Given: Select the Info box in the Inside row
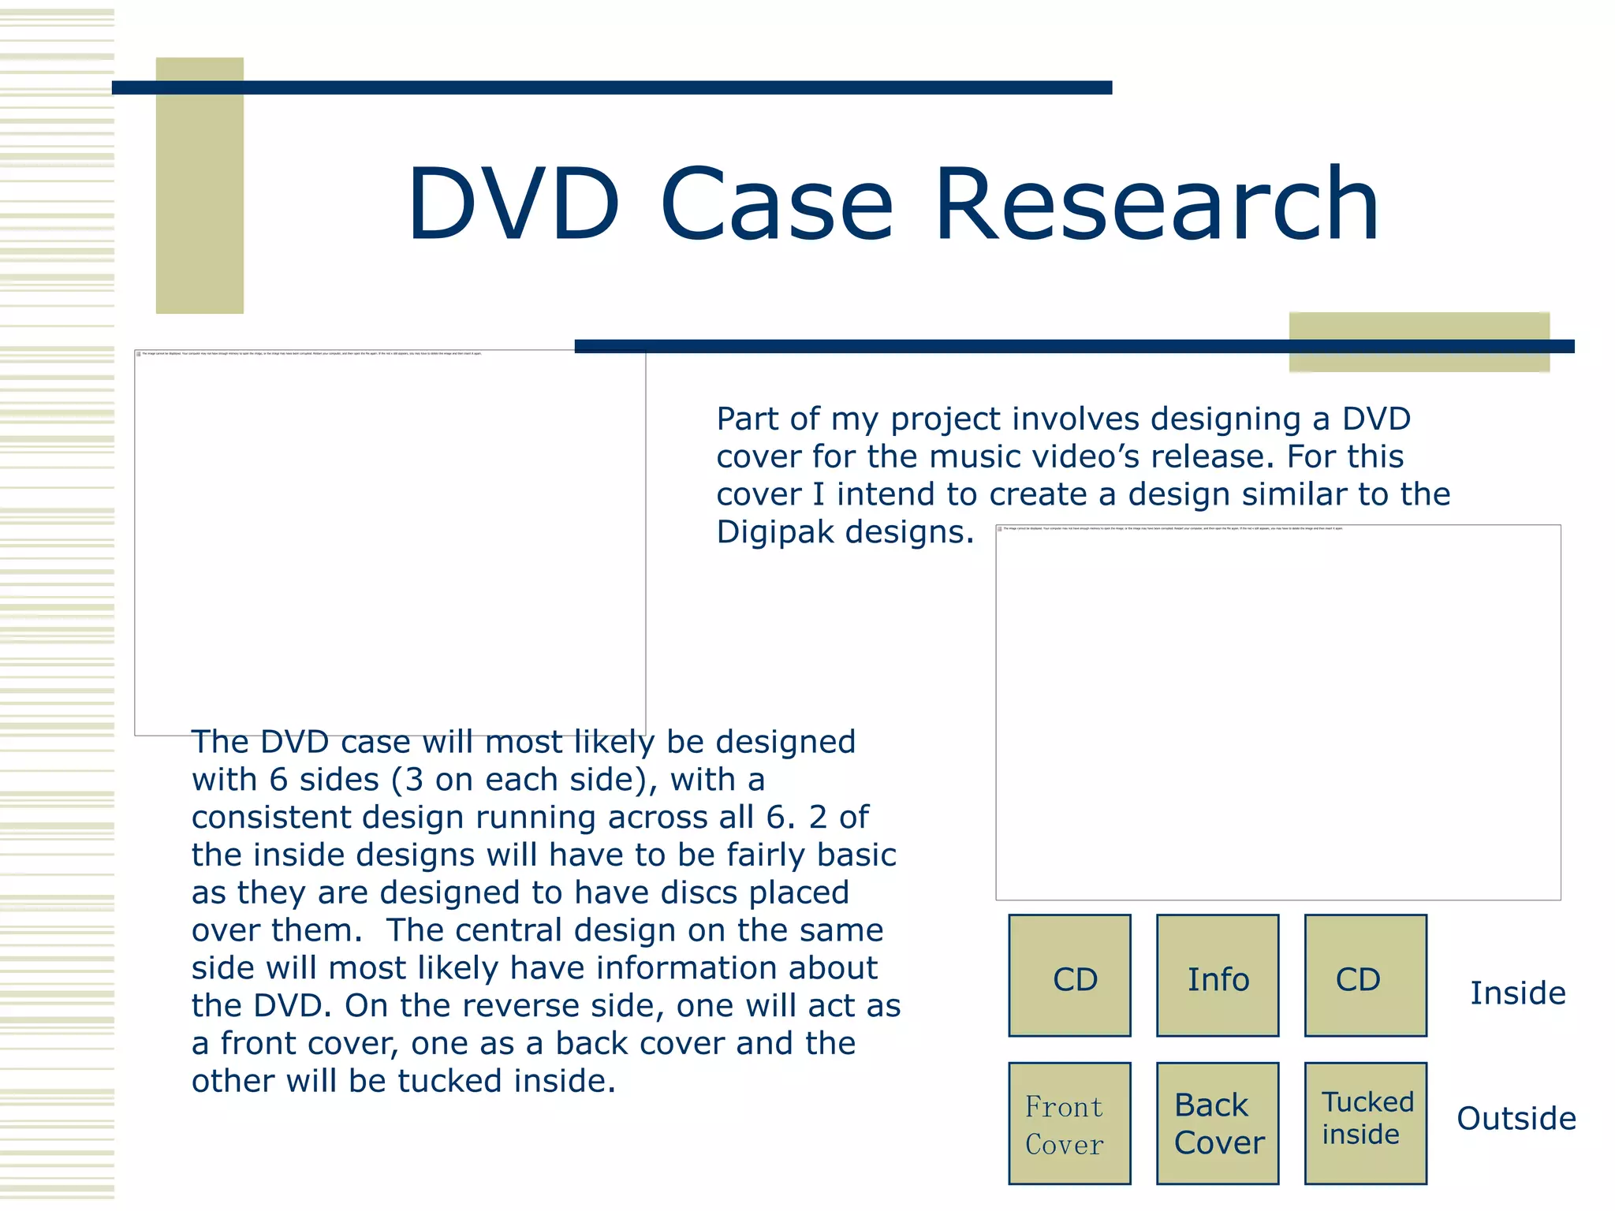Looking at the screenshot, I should [1218, 976].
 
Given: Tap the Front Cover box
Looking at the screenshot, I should [1069, 1123].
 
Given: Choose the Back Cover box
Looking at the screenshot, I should [1218, 1123].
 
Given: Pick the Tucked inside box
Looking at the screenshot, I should [1365, 1123].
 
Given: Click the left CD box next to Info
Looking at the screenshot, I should [1069, 976].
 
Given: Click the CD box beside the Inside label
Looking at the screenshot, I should [1365, 976].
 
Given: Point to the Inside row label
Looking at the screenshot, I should [1517, 993].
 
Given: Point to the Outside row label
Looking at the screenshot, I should [1516, 1119].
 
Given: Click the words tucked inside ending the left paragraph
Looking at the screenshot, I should [505, 1081].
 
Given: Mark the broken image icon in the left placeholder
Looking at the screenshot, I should [139, 354].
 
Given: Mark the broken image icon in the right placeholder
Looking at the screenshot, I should [1000, 529].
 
